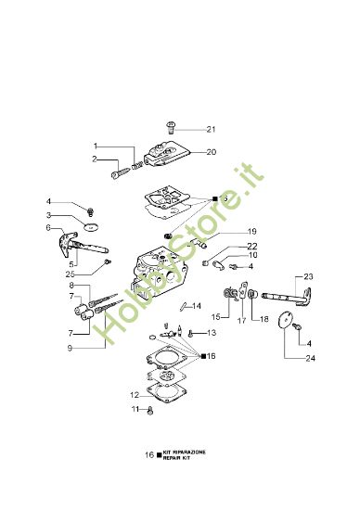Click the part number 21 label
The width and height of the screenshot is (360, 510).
(x=211, y=129)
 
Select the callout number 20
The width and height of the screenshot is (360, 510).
(x=211, y=151)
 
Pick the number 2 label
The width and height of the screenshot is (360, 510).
(x=95, y=159)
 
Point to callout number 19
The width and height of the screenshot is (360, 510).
(x=225, y=231)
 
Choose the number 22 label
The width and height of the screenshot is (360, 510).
(x=225, y=246)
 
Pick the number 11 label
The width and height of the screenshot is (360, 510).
(x=135, y=409)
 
